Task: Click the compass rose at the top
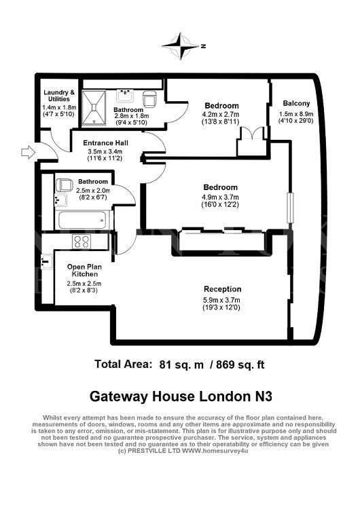181,45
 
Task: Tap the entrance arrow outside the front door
29,152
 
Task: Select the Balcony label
296,103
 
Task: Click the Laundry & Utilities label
59,96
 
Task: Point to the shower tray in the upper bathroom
94,107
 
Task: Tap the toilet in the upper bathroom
150,99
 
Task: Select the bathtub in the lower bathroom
82,220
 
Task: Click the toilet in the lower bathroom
64,185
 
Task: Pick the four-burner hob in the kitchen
82,242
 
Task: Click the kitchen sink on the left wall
47,262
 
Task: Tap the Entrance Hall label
105,143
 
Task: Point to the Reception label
223,289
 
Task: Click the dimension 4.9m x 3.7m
221,197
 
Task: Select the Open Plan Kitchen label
84,270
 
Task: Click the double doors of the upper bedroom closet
252,134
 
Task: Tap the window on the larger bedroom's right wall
290,208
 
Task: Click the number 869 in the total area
226,364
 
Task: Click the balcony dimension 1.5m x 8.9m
296,114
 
